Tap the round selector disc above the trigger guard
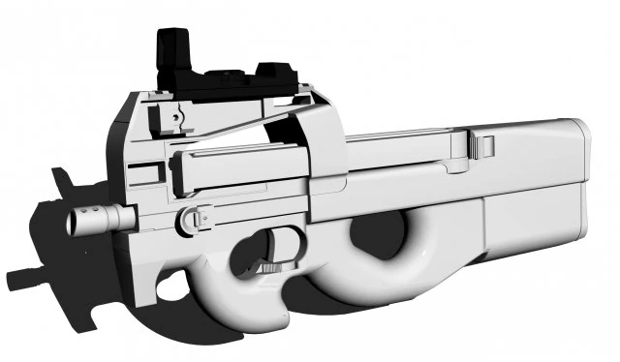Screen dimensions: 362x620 195,222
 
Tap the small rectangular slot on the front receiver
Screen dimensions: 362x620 143,175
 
